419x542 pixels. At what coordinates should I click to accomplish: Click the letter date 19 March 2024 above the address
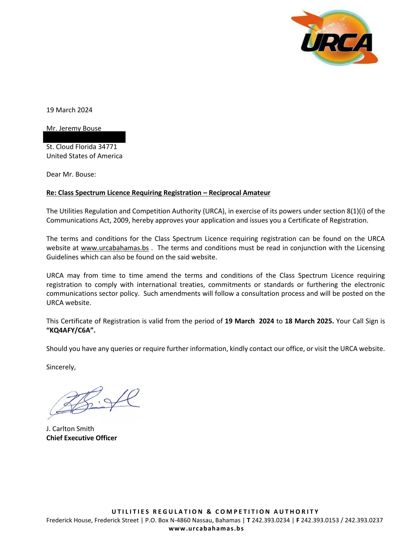69,110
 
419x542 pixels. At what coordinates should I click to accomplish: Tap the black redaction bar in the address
84,137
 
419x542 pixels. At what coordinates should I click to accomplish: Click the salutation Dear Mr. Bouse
71,174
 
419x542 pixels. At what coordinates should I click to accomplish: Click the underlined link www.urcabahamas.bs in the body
115,248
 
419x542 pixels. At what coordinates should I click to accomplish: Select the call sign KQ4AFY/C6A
71,330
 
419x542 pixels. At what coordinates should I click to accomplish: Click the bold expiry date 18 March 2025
309,321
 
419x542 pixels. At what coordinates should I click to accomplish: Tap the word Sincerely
61,367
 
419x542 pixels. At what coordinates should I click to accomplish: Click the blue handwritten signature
94,402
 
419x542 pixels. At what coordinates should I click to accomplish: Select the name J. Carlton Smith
70,429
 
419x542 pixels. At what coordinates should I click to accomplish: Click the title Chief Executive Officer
81,438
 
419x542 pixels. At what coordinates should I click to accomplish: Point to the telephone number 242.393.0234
271,520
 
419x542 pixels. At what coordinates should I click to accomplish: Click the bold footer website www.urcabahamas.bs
206,529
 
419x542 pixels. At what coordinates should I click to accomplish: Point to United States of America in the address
84,156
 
